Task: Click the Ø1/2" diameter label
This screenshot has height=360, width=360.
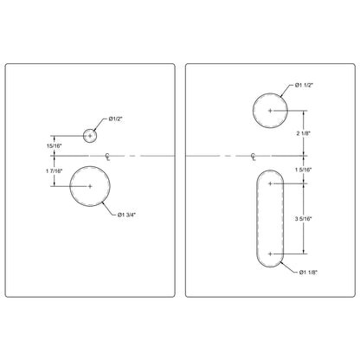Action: coord(118,119)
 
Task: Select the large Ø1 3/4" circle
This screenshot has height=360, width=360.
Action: coord(93,185)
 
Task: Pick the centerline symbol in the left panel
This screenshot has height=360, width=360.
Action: coord(106,157)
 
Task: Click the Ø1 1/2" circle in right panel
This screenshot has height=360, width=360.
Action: coord(271,111)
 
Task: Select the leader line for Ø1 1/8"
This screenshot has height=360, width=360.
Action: coord(289,267)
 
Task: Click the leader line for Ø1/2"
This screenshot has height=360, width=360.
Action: coord(102,124)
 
